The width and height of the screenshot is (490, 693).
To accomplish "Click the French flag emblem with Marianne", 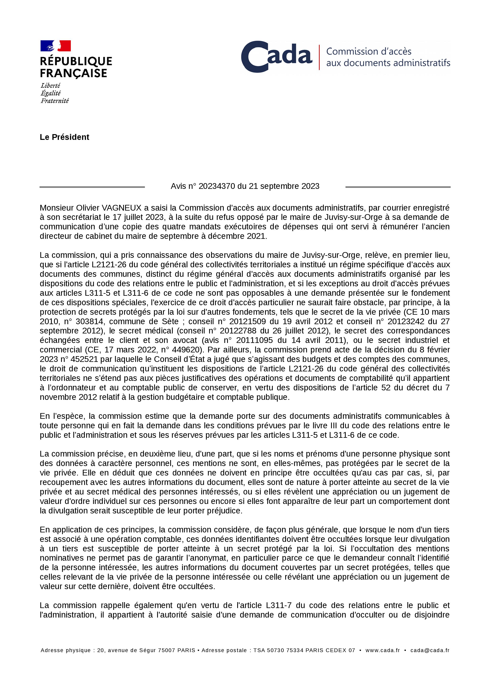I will click(56, 46).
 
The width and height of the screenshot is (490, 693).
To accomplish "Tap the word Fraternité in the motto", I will click(55, 101).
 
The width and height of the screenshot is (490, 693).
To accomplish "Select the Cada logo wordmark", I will click(277, 56).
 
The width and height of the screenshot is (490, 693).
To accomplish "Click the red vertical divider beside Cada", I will click(319, 57).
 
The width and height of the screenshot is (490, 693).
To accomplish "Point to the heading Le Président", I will click(64, 137).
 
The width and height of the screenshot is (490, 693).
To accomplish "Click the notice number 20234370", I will click(217, 186).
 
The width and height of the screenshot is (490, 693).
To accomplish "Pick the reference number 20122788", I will click(238, 331).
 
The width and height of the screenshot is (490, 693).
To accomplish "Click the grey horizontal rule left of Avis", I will click(92, 187).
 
